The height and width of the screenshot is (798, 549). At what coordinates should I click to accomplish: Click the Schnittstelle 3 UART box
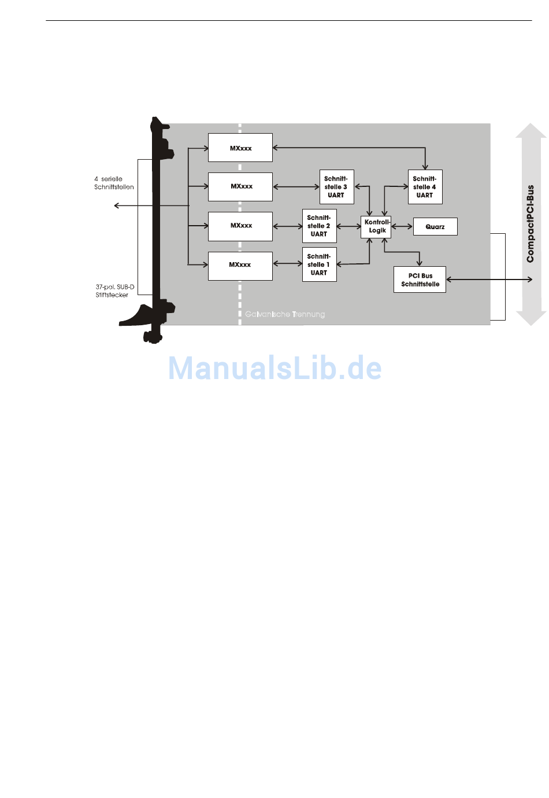tap(336, 187)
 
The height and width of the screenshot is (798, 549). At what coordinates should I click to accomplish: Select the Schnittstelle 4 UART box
tap(425, 187)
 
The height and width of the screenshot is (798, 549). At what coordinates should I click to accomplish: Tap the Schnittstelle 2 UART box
tap(319, 226)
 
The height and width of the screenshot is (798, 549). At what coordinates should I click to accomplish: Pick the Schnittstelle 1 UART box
tap(319, 264)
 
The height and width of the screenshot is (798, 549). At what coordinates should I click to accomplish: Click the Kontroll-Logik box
tap(377, 226)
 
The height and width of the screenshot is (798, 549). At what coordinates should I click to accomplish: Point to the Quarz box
tap(435, 227)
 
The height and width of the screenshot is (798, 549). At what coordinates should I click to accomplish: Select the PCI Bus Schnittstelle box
tap(420, 280)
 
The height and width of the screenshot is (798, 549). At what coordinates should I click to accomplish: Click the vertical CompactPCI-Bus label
tap(530, 223)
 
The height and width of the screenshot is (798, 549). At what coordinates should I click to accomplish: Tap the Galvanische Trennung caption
tap(285, 314)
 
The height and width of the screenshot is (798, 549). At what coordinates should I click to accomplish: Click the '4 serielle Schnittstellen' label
tap(114, 183)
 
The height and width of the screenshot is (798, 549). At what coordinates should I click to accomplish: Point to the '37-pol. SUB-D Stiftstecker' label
tap(114, 290)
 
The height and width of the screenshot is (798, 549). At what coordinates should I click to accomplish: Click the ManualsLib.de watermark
tap(275, 368)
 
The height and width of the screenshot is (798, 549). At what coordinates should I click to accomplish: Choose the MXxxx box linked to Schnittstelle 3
tap(240, 186)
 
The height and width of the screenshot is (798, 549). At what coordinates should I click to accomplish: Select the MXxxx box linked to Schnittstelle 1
tap(240, 265)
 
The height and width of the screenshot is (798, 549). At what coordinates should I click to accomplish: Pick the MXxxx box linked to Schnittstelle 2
tap(240, 226)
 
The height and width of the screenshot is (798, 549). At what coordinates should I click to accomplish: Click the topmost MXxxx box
tap(240, 148)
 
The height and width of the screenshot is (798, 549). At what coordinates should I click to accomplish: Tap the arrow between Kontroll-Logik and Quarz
tap(402, 226)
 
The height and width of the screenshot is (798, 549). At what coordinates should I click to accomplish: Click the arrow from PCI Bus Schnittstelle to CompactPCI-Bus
tap(489, 280)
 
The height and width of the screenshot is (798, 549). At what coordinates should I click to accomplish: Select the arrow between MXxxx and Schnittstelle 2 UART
tap(287, 226)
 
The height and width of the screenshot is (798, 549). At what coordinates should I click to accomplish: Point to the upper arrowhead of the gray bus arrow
tap(531, 131)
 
